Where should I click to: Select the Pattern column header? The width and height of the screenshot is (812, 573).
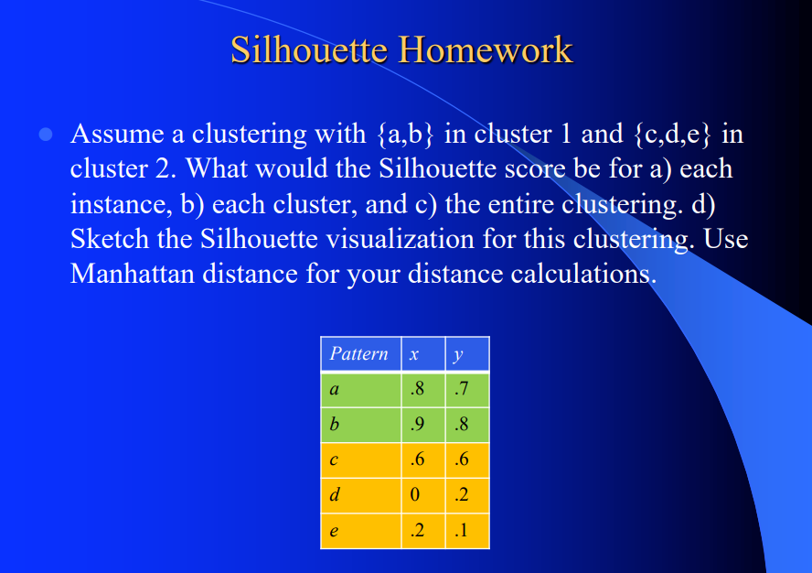(x=358, y=353)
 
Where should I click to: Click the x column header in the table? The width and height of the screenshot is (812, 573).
(x=416, y=353)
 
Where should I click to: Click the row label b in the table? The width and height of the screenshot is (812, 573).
(x=334, y=425)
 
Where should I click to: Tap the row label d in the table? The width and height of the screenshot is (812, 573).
(x=334, y=495)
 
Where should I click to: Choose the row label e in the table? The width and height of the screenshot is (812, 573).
(x=334, y=531)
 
